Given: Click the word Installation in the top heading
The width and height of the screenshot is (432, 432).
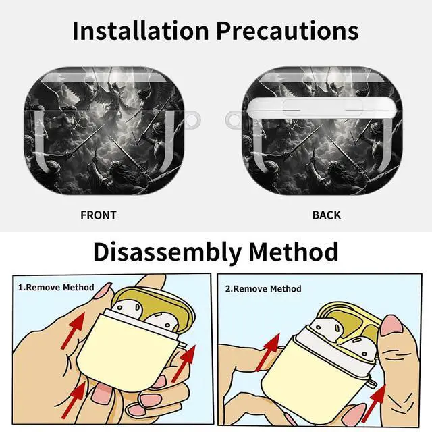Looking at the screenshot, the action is click(140, 30).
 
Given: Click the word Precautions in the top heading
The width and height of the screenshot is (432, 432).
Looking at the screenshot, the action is click(288, 30).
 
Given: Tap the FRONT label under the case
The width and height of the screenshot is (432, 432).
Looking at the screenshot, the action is click(99, 215).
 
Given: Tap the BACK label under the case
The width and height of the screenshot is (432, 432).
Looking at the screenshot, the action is click(327, 215).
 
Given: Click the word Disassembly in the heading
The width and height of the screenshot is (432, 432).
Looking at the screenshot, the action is click(167, 252).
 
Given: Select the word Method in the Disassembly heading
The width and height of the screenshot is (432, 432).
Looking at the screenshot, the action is click(294, 252).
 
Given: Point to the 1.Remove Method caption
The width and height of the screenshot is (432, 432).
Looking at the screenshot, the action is click(56, 288).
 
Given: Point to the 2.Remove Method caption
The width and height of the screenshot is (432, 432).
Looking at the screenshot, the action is click(263, 289).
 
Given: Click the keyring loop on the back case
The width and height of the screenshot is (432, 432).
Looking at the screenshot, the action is click(230, 120).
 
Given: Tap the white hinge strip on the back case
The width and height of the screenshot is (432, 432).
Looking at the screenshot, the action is click(322, 107).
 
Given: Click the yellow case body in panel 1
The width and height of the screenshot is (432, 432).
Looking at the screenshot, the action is click(126, 353).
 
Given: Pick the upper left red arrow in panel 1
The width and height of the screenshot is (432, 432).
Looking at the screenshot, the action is click(73, 331).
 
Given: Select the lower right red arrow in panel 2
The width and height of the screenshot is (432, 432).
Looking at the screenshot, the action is click(374, 404).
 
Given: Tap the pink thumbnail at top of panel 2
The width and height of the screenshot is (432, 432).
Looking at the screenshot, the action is click(391, 325).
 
